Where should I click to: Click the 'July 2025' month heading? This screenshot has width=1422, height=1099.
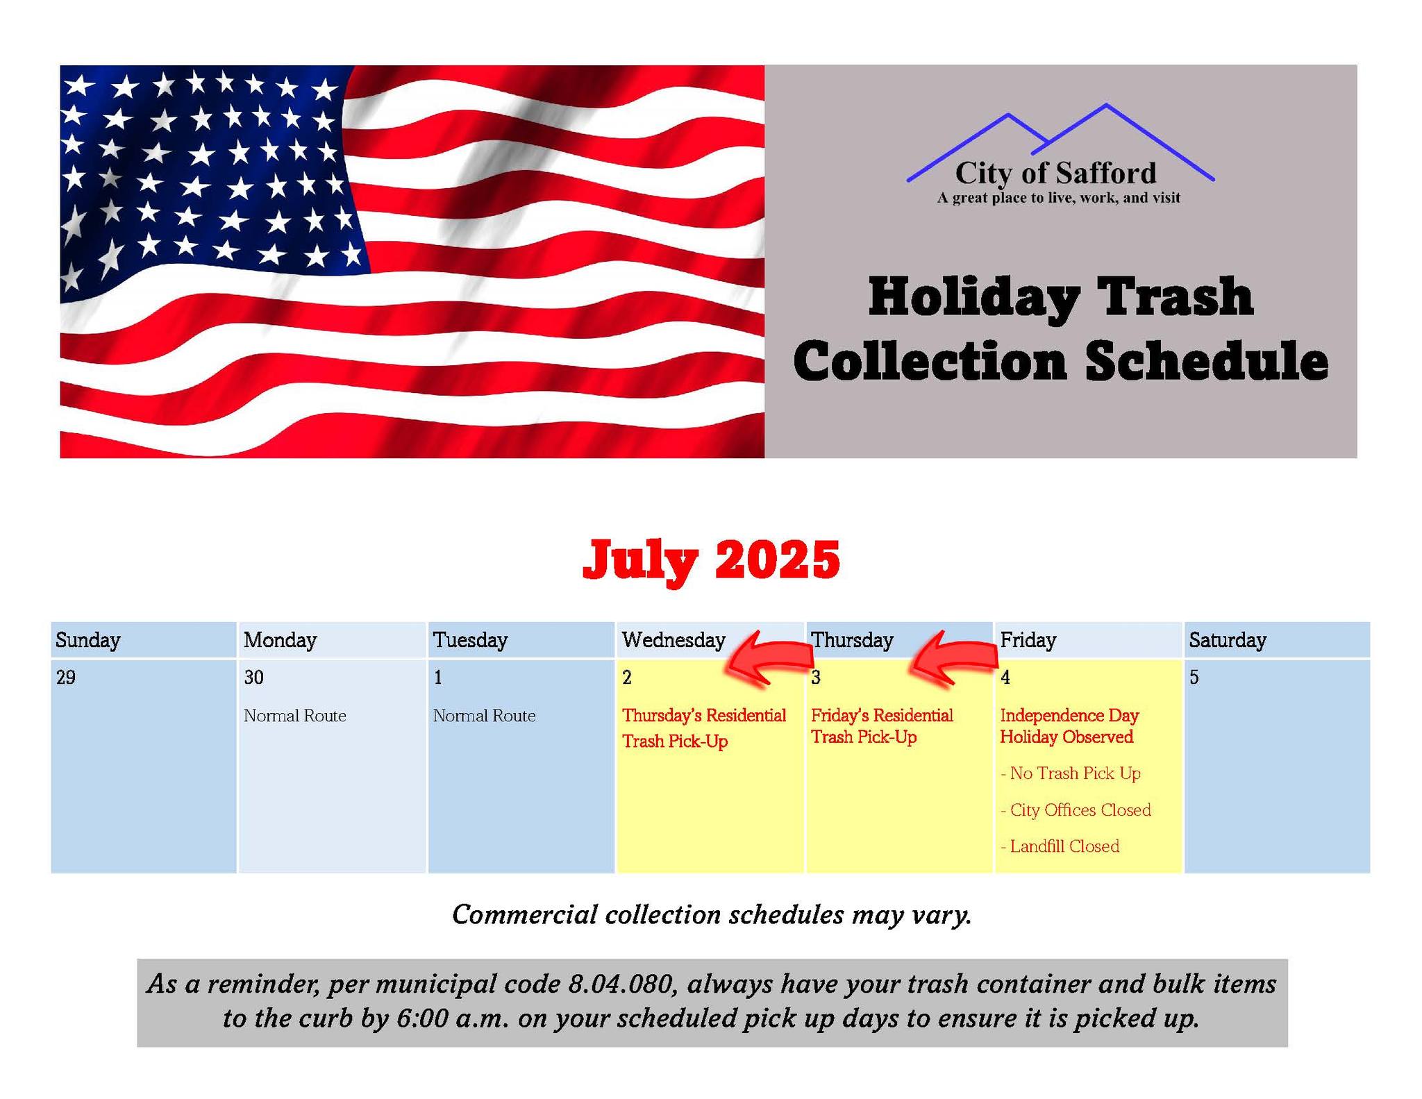point(712,560)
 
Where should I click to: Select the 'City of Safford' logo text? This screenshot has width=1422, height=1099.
point(1056,173)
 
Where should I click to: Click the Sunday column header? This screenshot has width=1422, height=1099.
point(88,640)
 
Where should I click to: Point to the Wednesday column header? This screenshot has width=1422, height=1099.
point(674,640)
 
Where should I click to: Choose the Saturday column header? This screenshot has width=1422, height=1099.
point(1228,640)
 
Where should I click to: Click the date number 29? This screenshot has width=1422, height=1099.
point(66,678)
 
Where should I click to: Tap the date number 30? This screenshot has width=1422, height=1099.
point(254,678)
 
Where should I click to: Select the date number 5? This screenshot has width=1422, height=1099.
point(1194,678)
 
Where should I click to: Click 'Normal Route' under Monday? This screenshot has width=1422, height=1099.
point(295,716)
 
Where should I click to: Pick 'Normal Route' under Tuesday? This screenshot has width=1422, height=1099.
point(485,716)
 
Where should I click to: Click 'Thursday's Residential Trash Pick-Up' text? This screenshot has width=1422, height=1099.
point(704,728)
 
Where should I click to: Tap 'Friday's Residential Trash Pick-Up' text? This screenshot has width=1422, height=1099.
point(882,726)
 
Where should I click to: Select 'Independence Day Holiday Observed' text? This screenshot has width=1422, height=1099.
point(1069,726)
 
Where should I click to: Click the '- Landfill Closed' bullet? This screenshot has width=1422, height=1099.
point(1060,846)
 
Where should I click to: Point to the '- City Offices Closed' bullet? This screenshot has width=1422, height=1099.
point(1076,810)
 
